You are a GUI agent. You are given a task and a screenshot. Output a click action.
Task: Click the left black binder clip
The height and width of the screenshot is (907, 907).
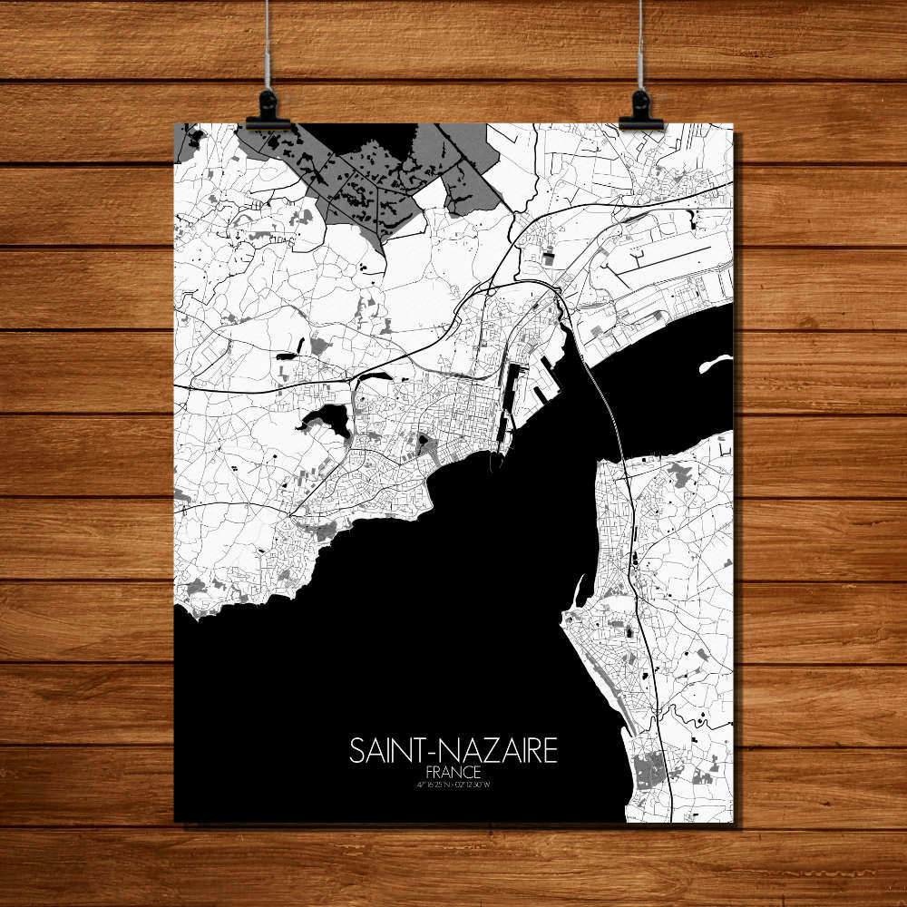tap(268, 111)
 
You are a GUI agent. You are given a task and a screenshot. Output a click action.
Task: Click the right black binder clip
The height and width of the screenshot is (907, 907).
tap(640, 111)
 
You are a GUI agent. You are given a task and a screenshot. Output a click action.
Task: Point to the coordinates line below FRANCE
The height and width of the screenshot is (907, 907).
tap(453, 783)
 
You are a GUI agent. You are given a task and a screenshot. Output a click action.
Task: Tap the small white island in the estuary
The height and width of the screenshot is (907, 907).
tap(715, 364)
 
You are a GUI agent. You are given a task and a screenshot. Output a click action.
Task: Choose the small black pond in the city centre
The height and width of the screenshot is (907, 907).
tap(422, 444)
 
